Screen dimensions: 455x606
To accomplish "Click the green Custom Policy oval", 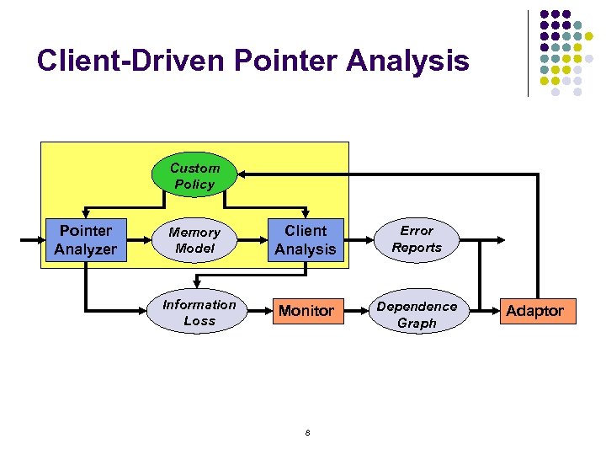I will click(194, 175).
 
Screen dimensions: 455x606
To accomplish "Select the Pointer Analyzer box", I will click(85, 240).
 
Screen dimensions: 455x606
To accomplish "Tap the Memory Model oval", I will click(194, 240).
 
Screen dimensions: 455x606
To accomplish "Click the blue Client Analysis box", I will click(305, 240).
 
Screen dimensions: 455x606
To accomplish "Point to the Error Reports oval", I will click(416, 239).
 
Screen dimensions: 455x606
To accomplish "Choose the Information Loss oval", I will click(199, 313).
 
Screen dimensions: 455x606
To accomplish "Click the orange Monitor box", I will click(306, 311).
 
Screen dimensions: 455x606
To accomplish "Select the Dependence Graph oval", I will click(417, 314).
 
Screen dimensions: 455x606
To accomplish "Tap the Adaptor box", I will click(534, 311).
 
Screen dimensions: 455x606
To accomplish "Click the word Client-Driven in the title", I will click(130, 61).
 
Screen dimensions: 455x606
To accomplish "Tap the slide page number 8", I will click(307, 433).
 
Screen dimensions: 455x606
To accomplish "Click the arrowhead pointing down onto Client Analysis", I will click(305, 214).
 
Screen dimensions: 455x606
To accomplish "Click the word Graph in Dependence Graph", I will click(417, 323).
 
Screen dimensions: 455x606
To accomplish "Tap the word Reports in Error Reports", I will click(416, 248).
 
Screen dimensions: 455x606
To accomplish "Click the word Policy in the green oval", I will click(194, 184).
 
